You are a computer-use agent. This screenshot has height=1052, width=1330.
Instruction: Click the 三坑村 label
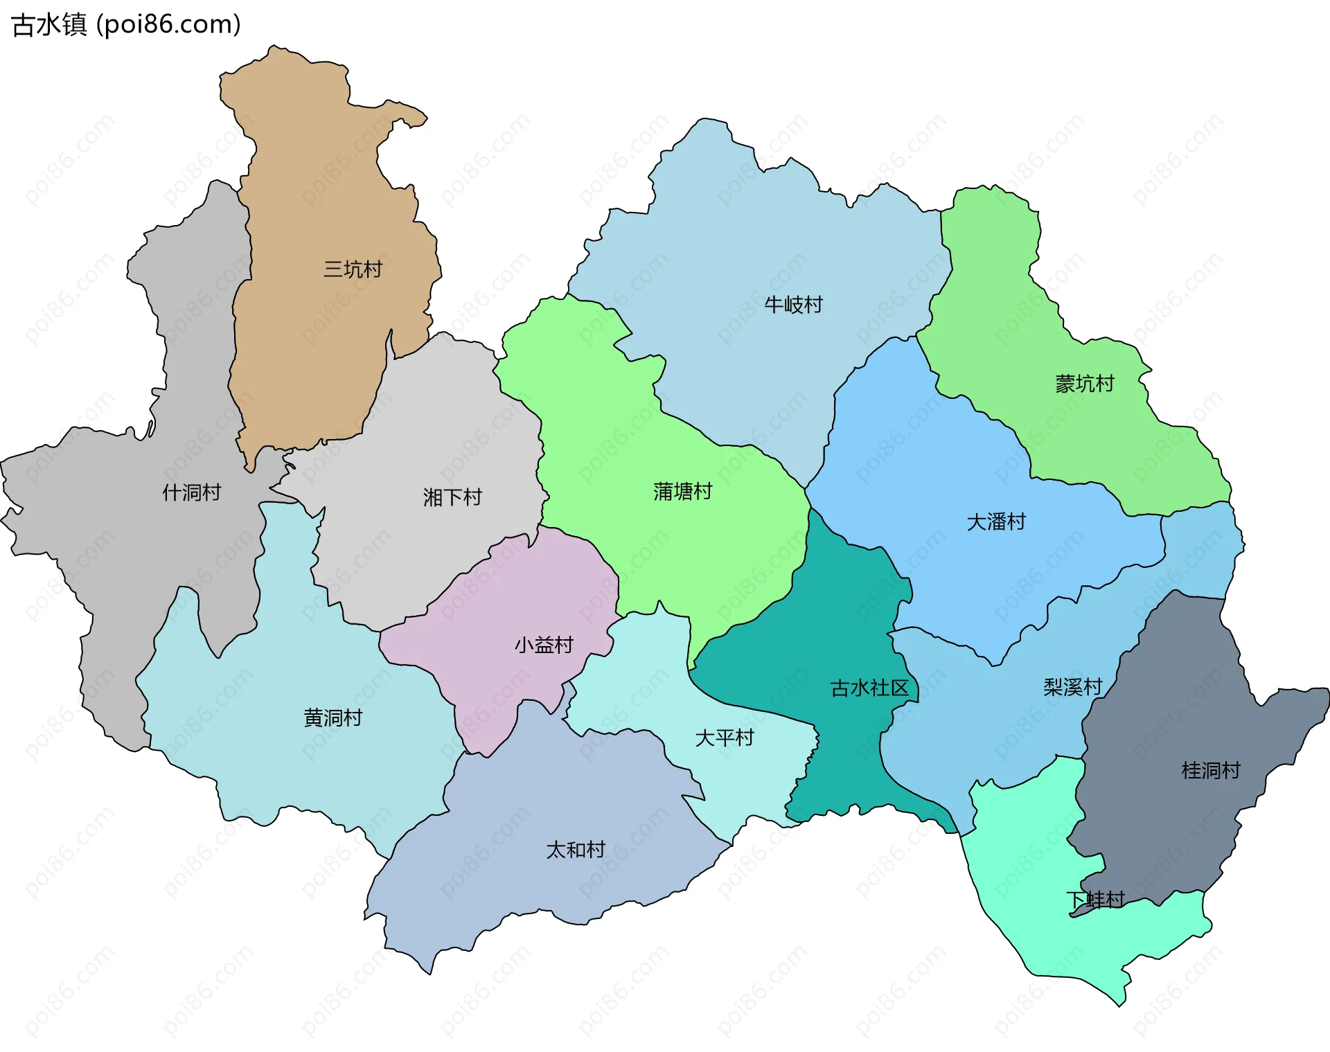coord(353,269)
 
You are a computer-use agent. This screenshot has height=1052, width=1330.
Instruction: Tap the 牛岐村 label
coord(793,305)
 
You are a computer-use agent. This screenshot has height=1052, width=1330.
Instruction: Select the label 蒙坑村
coord(1084,384)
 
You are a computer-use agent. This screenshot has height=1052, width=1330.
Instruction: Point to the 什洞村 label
coord(191,492)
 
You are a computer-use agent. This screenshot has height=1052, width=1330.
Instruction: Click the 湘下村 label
coord(452,497)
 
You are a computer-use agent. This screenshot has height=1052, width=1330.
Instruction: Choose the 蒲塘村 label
coord(682,492)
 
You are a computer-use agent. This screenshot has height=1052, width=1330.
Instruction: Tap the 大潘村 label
coord(995,521)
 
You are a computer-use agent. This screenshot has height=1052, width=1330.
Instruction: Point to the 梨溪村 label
coord(1072,686)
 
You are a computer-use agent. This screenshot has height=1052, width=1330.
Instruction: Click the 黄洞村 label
coord(332,717)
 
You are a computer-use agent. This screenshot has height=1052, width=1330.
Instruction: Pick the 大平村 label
coord(724,738)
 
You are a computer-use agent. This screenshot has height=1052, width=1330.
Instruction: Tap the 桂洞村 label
coord(1210,770)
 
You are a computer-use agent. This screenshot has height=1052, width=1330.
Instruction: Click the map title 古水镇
coord(49,24)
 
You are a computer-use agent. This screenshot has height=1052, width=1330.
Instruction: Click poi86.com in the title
coord(168,24)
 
